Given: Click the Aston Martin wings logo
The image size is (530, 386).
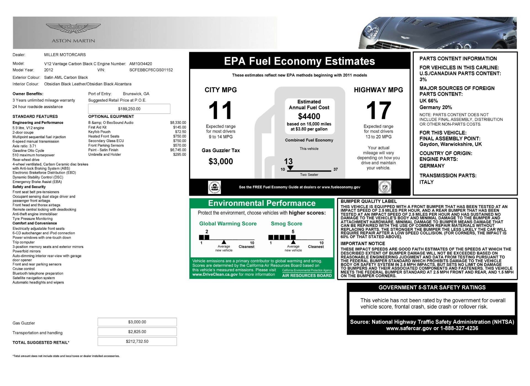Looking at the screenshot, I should click(73, 28).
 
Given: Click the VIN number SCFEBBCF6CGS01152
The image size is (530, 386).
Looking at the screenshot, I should click(151, 70).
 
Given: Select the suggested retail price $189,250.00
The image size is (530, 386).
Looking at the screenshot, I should click(129, 109).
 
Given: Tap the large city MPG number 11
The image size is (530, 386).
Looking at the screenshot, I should click(220, 110).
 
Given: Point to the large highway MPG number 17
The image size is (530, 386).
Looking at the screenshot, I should click(378, 110).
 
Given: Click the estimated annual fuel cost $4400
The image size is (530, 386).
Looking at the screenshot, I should click(309, 116).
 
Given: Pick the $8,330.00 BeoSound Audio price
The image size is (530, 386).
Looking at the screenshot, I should click(178, 123).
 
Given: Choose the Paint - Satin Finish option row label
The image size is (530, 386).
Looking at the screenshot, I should click(103, 150).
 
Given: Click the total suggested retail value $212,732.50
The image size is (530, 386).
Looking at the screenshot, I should click(137, 341).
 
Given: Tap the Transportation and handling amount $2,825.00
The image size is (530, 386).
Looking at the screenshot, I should click(137, 332).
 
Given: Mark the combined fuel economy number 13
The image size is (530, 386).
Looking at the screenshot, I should click(288, 161).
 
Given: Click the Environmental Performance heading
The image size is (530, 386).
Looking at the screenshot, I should click(262, 203).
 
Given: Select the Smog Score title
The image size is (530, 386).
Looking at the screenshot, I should click(286, 224).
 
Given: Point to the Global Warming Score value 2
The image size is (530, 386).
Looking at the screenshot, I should click(207, 232).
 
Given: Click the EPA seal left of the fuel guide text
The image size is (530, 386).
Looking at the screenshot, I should click(214, 187).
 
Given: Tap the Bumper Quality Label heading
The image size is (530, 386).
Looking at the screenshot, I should click(368, 202).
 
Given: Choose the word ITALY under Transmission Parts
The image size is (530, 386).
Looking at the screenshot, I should click(426, 182).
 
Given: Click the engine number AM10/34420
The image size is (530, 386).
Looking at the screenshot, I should click(141, 64).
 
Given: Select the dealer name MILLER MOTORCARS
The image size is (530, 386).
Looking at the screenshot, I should click(65, 55).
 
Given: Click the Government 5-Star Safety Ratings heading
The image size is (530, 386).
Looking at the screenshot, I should click(432, 287).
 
